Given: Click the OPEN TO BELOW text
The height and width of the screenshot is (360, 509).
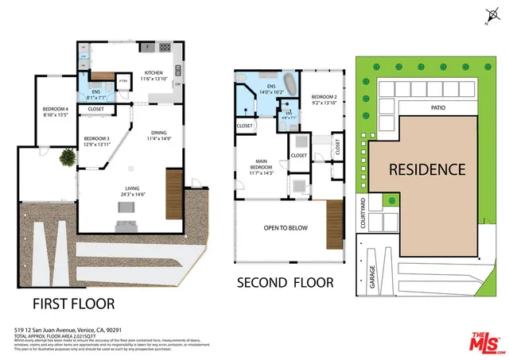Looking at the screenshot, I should [x=286, y=228].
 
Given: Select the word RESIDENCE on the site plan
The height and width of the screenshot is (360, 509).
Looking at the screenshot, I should [x=426, y=169].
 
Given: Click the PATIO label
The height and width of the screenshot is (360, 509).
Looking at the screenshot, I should [x=437, y=107].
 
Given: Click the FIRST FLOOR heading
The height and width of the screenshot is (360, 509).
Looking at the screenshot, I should [x=73, y=304].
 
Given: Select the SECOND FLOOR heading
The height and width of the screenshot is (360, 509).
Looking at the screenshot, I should [x=287, y=283].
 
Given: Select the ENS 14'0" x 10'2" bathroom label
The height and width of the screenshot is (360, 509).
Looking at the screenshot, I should [x=271, y=89].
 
